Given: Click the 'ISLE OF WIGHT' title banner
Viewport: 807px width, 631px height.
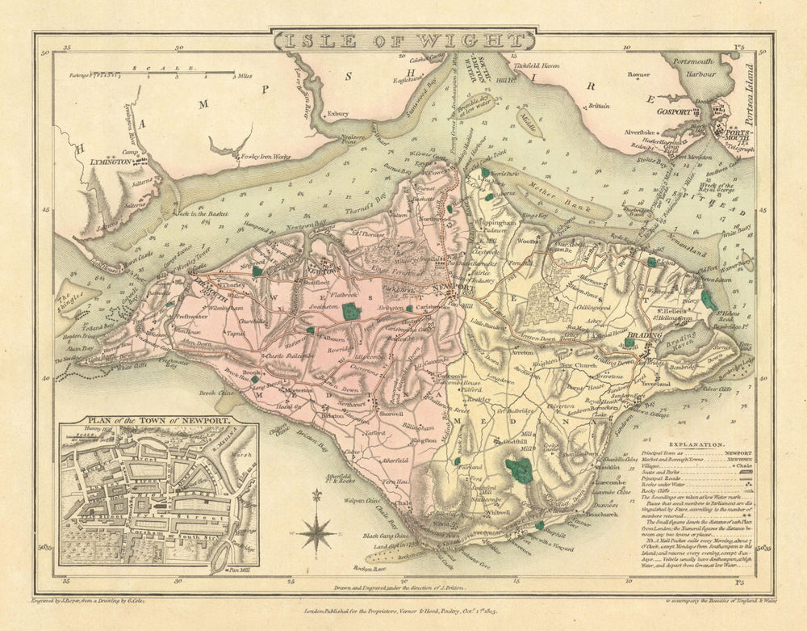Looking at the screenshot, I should tap(403, 40).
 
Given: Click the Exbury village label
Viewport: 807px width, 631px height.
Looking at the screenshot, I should tap(337, 114).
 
